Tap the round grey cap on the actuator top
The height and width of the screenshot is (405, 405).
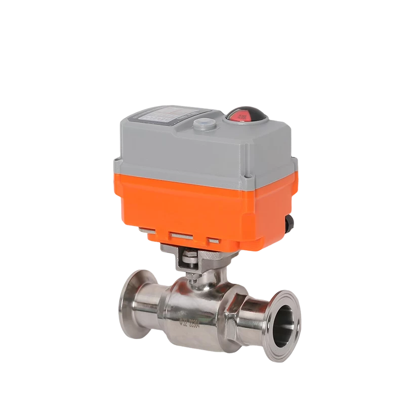tap(204, 124)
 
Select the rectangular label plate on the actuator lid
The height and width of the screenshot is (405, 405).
tap(156, 117)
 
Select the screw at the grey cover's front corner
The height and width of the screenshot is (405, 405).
tap(248, 178)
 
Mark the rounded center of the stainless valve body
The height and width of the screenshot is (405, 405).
tap(195, 309)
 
